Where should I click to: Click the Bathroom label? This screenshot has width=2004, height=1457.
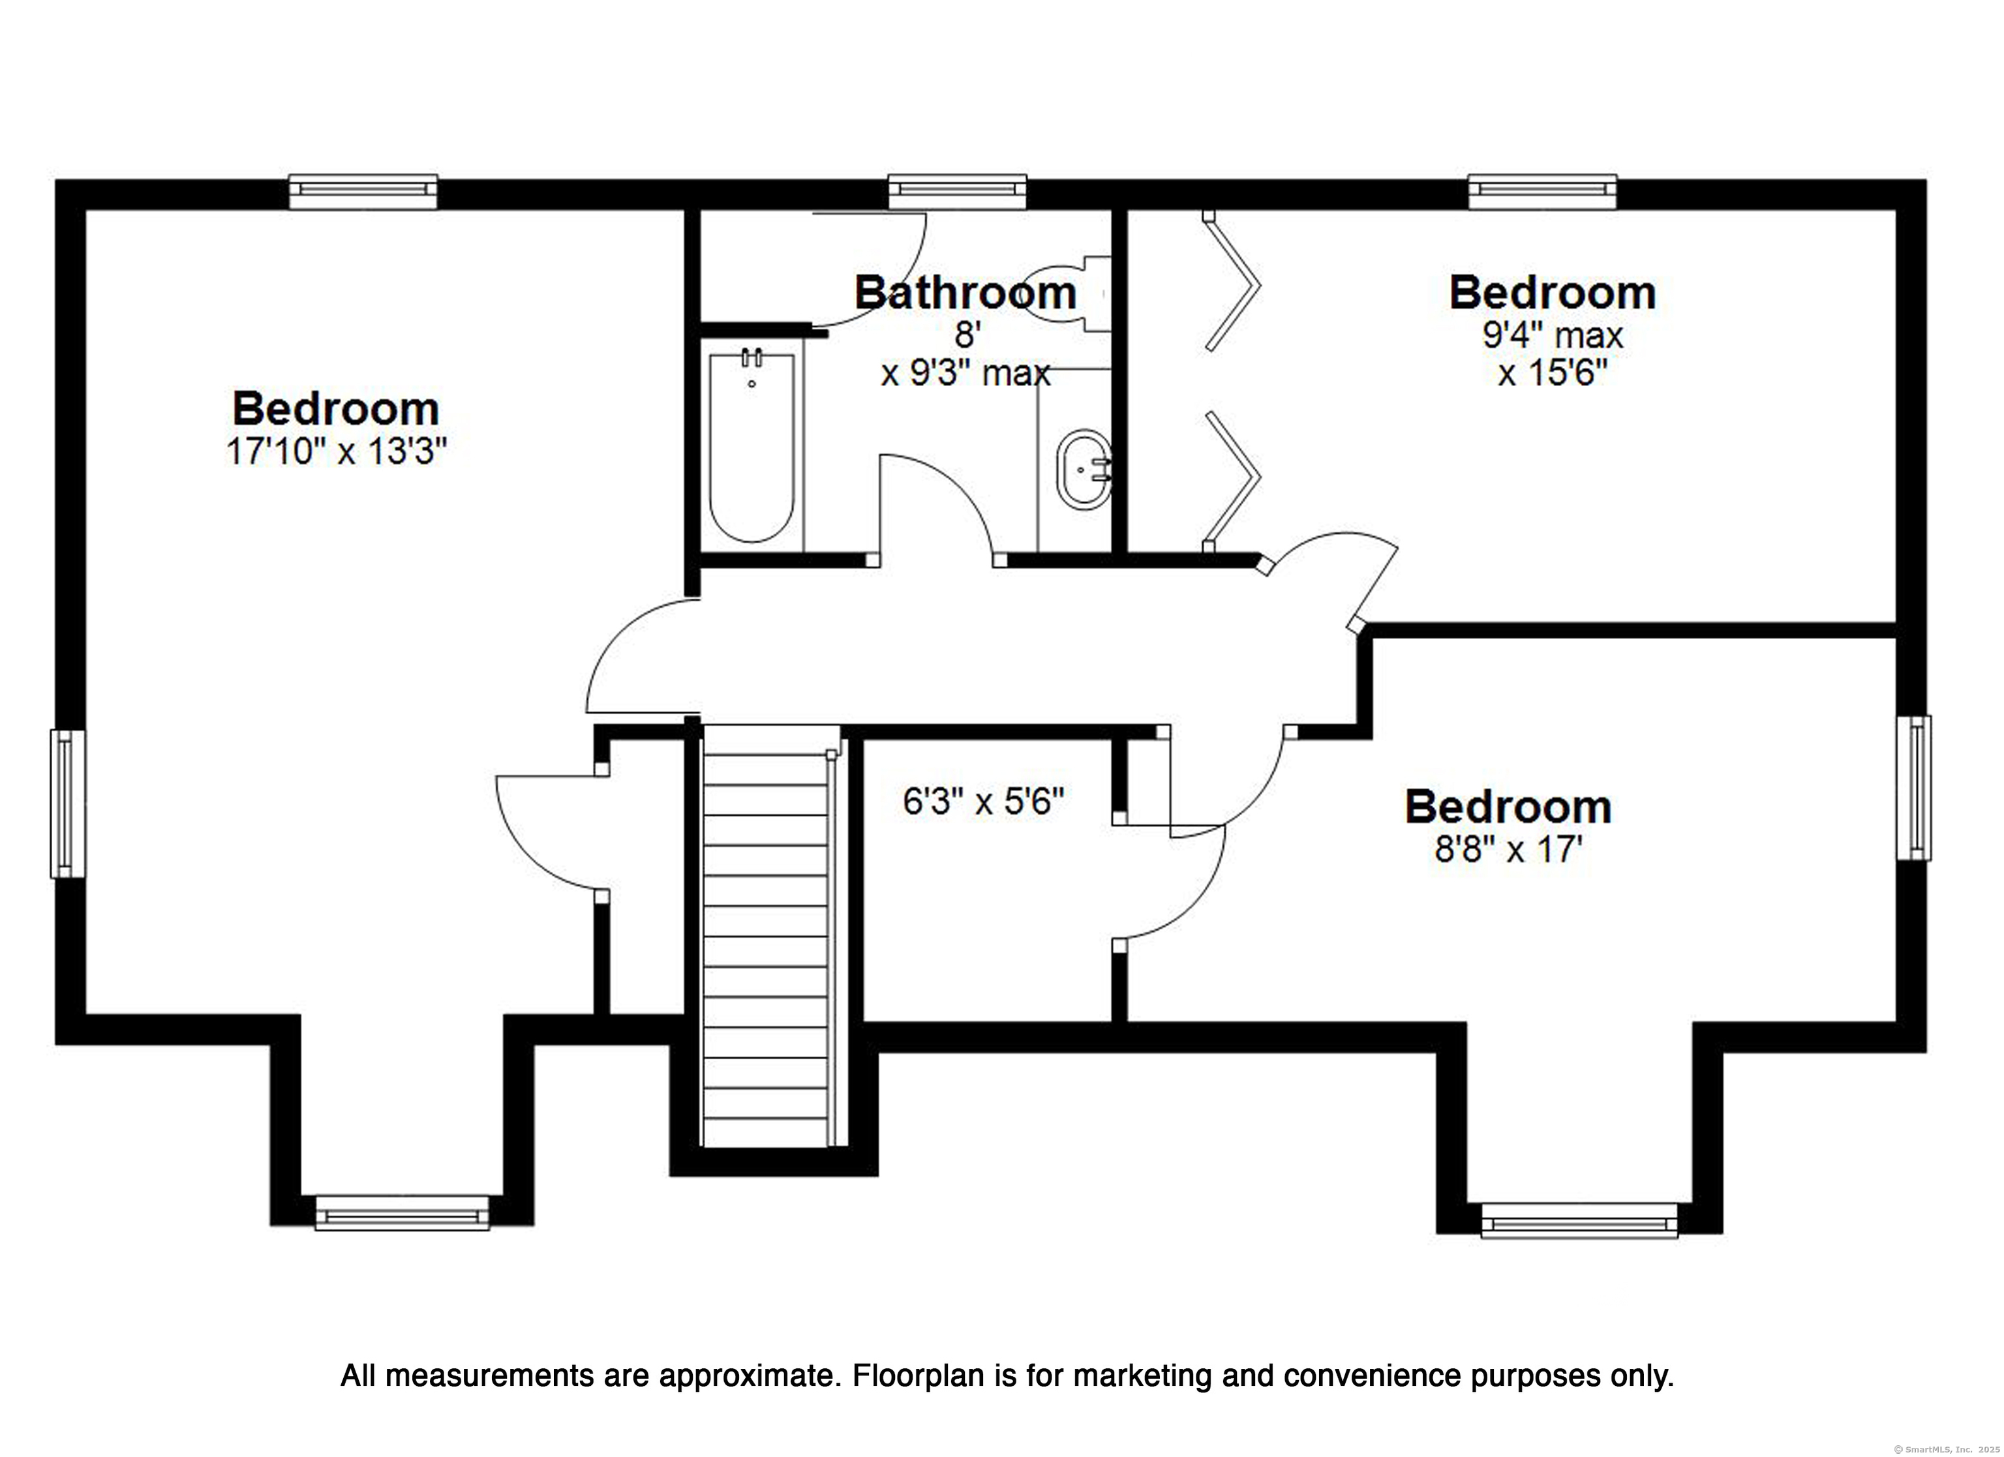coord(965,292)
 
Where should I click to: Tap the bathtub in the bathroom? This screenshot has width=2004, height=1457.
coord(752,446)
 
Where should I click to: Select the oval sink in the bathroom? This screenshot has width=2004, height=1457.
coord(1085,470)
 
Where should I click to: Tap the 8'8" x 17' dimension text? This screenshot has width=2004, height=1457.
coord(1508,849)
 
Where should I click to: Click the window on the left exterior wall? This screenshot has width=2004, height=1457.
coord(68,803)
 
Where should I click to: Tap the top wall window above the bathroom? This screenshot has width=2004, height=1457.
coord(958,192)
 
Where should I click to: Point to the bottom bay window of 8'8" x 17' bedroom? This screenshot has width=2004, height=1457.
coord(1579,1220)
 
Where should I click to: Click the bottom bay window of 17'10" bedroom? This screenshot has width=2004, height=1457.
coord(402,1212)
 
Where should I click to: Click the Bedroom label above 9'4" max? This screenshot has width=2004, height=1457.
coord(1553,292)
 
